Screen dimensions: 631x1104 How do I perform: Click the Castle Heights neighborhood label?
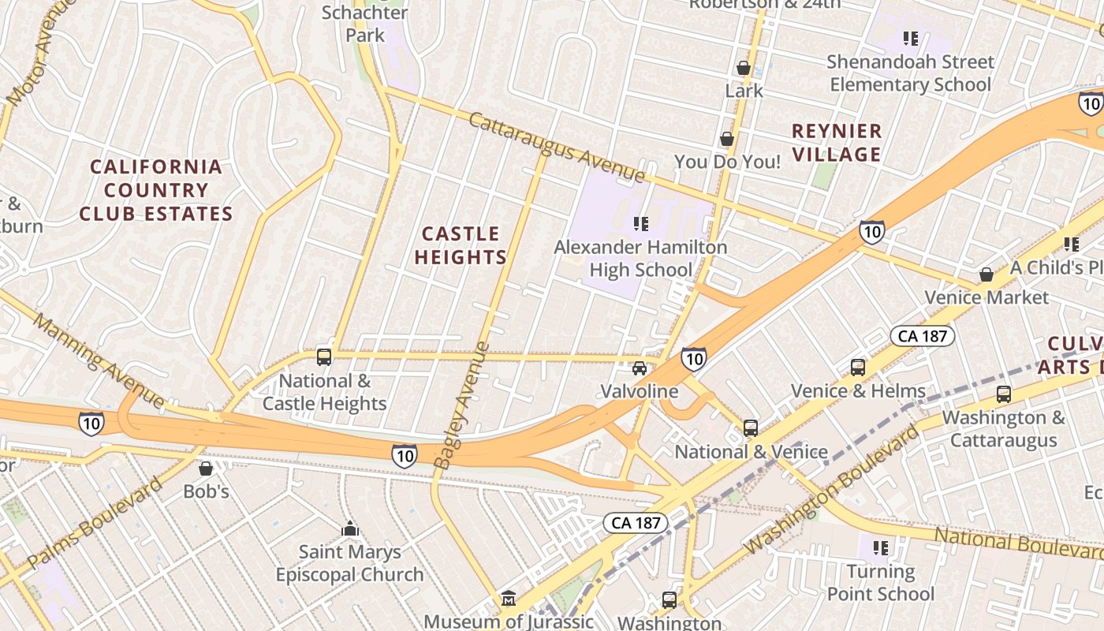461,245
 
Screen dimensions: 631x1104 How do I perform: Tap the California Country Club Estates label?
156,190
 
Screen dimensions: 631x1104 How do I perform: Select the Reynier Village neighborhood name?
837,143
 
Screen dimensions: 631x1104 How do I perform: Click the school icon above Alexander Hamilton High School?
641,224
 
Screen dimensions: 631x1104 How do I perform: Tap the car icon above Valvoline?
640,368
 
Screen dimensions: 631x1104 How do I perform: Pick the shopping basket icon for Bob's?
206,469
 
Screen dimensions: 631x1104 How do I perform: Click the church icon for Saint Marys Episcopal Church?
350,528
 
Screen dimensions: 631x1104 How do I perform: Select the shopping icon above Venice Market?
986,274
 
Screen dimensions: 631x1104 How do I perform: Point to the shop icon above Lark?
743,68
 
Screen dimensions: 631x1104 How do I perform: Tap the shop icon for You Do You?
727,139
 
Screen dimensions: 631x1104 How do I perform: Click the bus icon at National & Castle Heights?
324,357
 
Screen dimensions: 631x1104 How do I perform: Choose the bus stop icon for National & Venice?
751,428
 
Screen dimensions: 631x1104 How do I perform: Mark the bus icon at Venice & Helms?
858,368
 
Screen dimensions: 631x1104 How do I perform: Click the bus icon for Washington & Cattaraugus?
1004,394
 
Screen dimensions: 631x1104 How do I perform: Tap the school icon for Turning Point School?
881,547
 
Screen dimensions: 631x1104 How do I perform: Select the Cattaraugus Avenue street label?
557,147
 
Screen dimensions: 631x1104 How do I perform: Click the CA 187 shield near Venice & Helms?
923,336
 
